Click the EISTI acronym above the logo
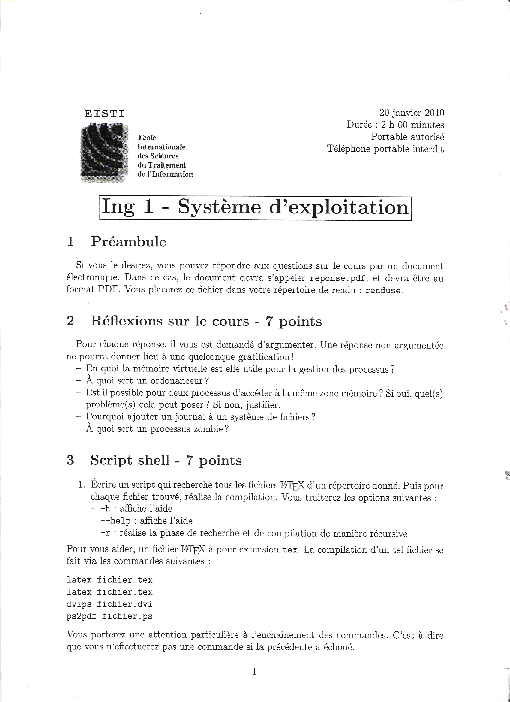105,114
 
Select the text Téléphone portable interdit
385,149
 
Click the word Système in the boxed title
219,207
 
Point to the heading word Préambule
128,242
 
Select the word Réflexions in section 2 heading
126,321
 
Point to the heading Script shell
130,461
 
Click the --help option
115,521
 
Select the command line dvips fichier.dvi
109,604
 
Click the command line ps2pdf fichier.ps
109,616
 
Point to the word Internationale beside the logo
161,147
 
